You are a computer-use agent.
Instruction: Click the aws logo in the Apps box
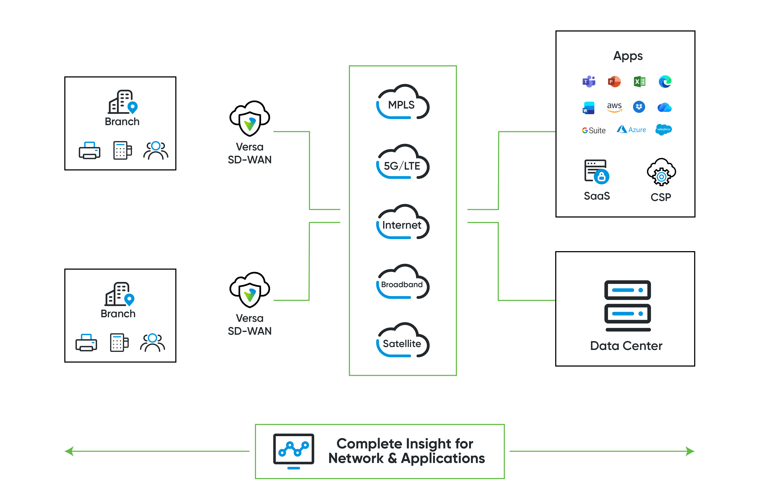[614, 107]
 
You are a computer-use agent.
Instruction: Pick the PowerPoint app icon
[614, 81]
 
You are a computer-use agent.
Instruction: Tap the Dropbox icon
[639, 107]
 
